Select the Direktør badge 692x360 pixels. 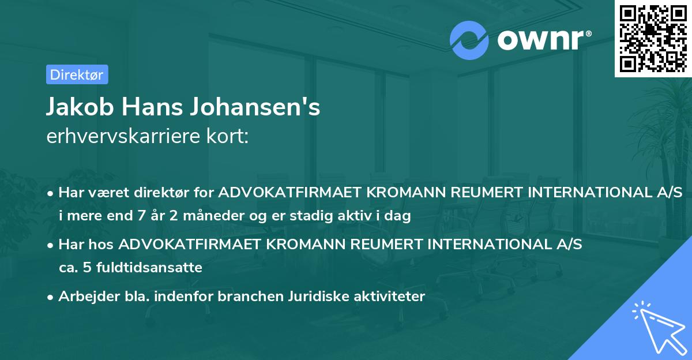pos(77,74)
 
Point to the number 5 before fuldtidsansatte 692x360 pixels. pos(88,268)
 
